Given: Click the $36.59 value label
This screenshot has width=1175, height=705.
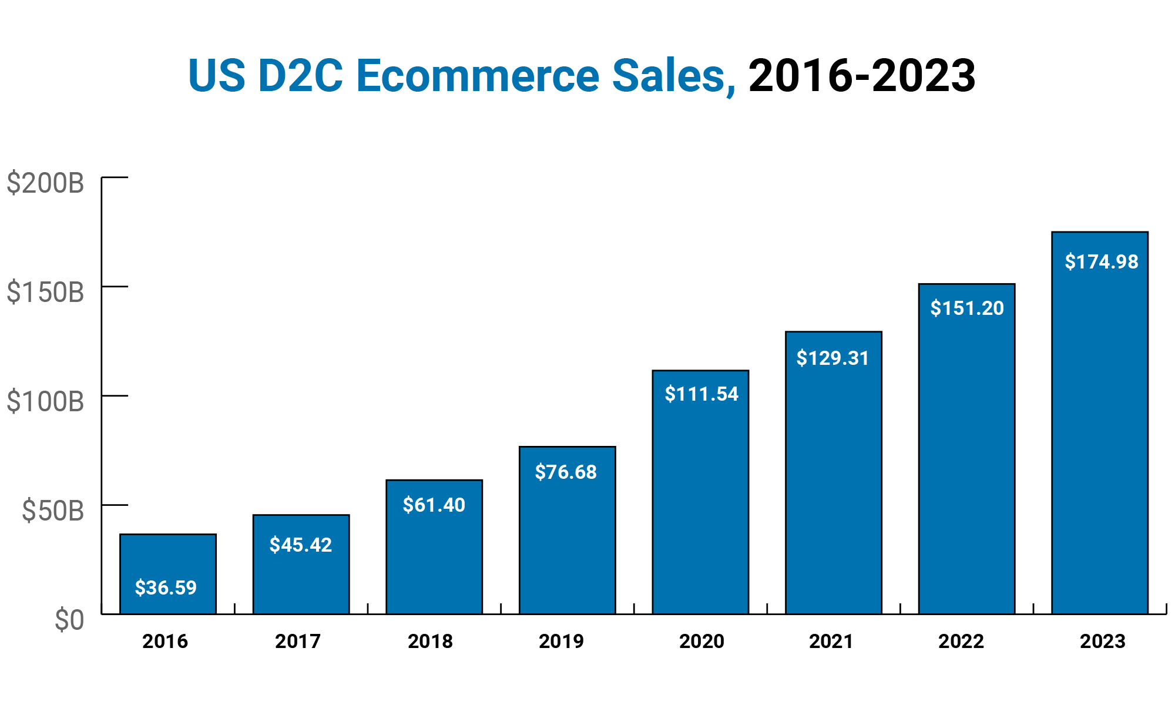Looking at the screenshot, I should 166,587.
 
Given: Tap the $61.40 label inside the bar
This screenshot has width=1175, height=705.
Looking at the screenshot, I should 434,505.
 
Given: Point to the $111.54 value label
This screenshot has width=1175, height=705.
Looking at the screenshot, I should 701,394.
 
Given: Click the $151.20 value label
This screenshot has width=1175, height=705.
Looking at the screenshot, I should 967,308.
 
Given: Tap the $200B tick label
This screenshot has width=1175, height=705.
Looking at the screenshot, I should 45,183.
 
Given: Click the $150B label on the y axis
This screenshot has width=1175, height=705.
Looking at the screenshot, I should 45,293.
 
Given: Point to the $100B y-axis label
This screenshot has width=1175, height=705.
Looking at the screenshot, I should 45,402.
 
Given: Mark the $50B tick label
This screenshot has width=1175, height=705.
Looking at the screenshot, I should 53,511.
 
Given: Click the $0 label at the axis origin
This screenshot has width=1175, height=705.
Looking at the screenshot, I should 69,620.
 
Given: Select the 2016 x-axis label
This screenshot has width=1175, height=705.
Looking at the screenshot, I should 165,641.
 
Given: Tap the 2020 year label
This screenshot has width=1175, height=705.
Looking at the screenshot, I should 701,641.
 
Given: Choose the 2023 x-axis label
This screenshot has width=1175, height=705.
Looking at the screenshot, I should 1102,641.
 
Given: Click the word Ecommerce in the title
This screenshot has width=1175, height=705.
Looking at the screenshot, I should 477,76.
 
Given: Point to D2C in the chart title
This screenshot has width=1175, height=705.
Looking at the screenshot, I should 300,76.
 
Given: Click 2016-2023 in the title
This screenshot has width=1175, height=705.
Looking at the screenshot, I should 861,76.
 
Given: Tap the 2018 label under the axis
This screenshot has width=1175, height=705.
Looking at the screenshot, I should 430,641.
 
